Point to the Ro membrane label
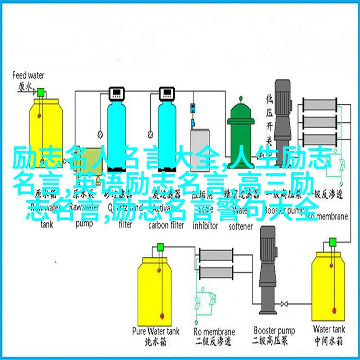click(x=214, y=331)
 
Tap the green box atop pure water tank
click(x=160, y=247)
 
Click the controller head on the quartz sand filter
click(x=116, y=92)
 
